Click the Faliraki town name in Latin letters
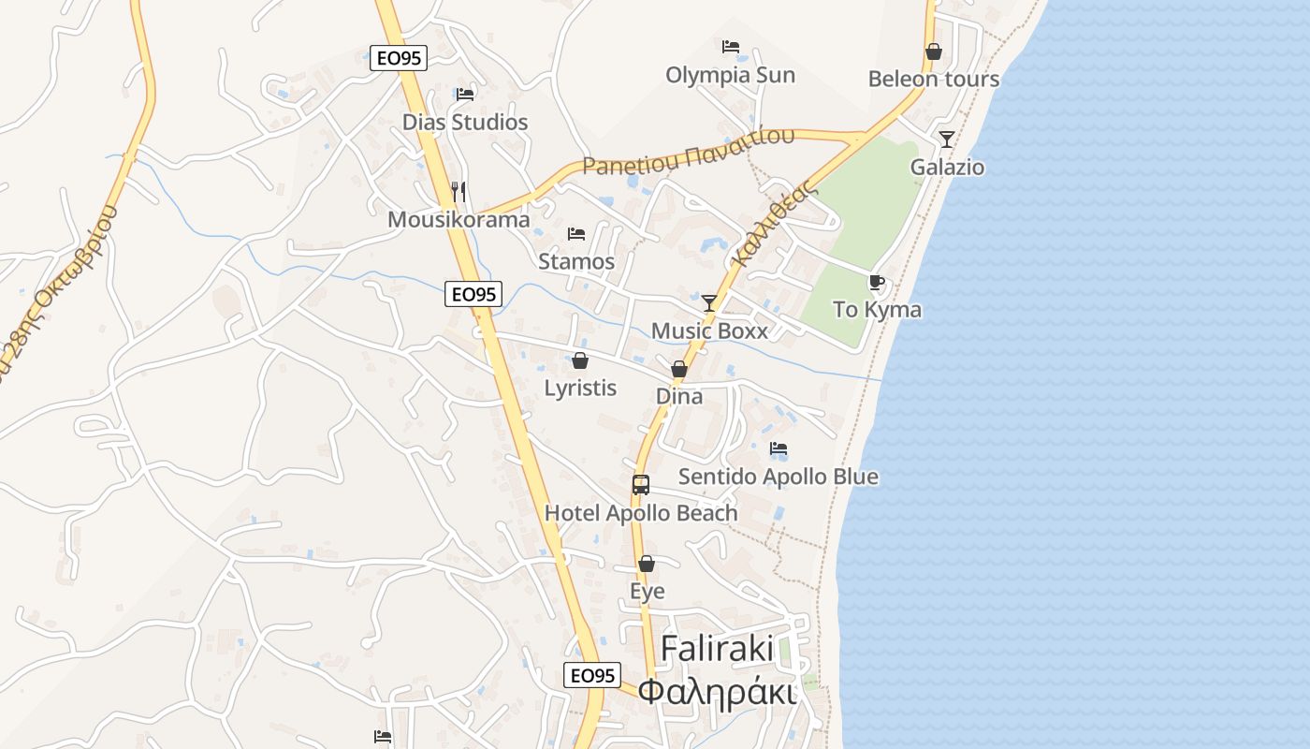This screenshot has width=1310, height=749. (x=717, y=648)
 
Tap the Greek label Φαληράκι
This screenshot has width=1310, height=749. (x=717, y=693)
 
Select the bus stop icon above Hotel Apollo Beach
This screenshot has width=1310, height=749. (x=641, y=485)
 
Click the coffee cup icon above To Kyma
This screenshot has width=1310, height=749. (x=877, y=282)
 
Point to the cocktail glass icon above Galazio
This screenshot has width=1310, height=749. (x=947, y=140)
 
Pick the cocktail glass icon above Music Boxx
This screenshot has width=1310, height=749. (x=709, y=302)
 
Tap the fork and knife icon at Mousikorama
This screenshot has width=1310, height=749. (x=458, y=192)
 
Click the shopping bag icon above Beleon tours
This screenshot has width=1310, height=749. (x=933, y=51)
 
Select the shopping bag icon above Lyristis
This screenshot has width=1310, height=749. (x=580, y=360)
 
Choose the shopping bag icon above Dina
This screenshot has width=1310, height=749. (x=679, y=369)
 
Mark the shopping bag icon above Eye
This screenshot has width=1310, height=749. (x=647, y=564)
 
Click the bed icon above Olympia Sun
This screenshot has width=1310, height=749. (x=731, y=47)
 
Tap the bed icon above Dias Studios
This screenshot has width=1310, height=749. (x=465, y=94)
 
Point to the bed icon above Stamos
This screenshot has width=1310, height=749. (x=576, y=233)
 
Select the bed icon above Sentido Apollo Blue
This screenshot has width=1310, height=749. (x=779, y=448)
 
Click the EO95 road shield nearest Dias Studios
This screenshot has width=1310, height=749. (x=399, y=58)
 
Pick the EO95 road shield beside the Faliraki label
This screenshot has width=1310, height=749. (x=592, y=675)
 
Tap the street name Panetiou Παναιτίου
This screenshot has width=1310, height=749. (x=689, y=153)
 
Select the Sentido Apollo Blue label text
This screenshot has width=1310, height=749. (x=779, y=477)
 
